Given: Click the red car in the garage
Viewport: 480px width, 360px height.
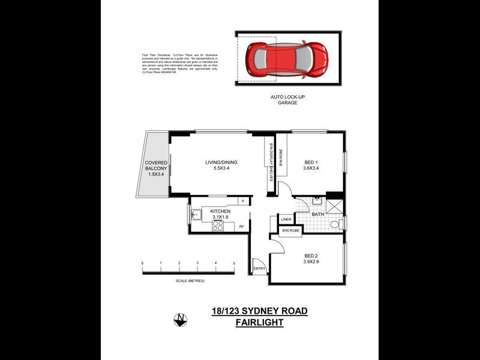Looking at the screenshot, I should tap(288, 58).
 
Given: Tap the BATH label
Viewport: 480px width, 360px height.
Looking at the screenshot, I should tap(318, 214).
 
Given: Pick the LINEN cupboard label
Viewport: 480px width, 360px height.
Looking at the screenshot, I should tap(286, 220).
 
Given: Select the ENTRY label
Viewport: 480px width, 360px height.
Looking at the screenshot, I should tap(259, 268).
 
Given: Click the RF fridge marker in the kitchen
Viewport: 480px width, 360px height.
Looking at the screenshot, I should tap(241, 226).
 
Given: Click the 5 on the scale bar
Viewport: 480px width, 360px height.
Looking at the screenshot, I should tap(234, 263).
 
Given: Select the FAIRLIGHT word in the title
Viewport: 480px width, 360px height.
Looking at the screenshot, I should tap(259, 322).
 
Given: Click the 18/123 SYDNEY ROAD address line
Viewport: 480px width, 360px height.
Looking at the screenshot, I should tap(259, 311).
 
